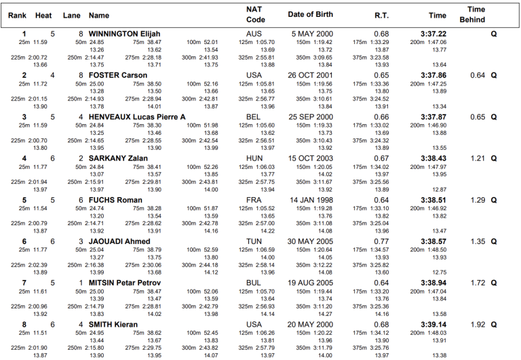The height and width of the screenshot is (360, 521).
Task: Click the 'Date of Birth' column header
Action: click(310, 15)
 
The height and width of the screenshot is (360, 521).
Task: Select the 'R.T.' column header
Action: click(381, 15)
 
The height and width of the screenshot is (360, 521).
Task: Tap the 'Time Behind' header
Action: click(476, 15)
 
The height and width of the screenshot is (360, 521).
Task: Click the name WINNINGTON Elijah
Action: click(124, 33)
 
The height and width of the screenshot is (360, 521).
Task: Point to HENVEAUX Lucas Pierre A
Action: click(137, 117)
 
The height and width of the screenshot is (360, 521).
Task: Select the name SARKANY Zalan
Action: click(118, 158)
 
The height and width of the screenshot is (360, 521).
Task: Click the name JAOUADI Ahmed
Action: click(119, 241)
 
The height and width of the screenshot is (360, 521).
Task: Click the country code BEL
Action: click(254, 117)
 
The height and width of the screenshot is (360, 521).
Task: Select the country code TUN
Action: click(254, 241)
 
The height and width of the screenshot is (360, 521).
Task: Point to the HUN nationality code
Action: click(254, 158)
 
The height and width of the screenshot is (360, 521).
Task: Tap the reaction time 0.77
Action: click(381, 241)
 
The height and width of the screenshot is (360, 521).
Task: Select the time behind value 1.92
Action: click(478, 324)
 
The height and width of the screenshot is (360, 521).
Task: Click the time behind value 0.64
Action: click(478, 75)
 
